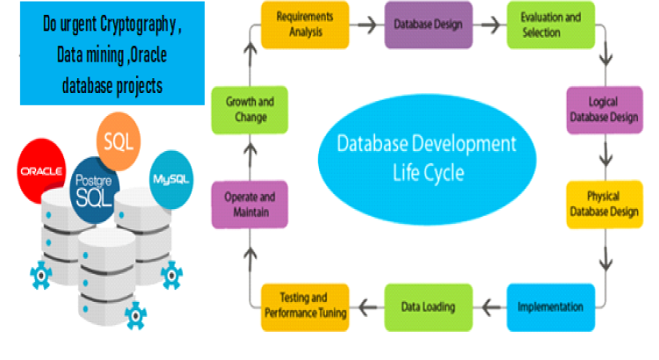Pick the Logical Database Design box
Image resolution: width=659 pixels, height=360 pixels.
coord(605,109)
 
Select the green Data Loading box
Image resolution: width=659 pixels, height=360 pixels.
coord(428,306)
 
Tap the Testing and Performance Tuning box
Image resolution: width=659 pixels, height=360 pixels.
coord(306,306)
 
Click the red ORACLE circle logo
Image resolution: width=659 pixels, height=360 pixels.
coord(43,169)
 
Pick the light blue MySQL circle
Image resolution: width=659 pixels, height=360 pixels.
coord(171,179)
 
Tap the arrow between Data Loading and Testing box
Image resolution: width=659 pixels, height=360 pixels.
coord(367,307)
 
